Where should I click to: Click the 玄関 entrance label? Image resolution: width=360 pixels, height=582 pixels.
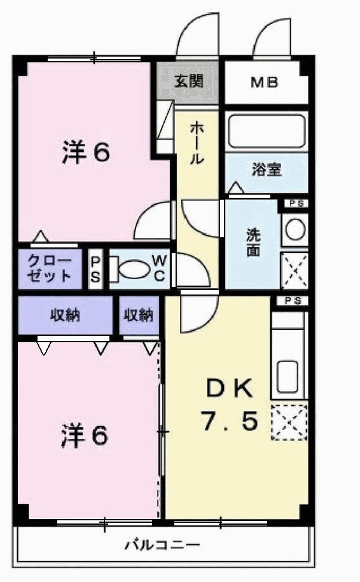pos(189,81)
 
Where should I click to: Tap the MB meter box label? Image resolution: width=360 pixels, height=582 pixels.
pos(264,82)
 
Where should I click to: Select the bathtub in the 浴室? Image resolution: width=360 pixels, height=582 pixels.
pos(267,132)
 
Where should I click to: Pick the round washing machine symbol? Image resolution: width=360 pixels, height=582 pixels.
pos(295,230)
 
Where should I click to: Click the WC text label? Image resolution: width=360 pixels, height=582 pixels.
pos(159,268)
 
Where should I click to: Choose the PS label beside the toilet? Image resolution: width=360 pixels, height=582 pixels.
pos(95,268)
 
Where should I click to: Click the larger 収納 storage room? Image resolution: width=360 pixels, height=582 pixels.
pos(66,315)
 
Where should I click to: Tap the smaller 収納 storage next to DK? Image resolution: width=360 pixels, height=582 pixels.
pos(139,315)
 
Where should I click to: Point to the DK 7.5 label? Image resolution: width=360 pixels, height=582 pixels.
pos(230,405)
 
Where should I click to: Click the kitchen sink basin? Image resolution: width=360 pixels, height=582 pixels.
pos(287,377)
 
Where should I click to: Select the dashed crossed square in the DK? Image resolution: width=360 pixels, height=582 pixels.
pos(289,422)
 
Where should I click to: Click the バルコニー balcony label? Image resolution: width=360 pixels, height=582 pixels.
pos(162,545)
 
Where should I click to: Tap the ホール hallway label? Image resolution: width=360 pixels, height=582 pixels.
pos(197,144)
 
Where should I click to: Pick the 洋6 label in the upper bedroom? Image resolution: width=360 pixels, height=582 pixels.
pos(86,152)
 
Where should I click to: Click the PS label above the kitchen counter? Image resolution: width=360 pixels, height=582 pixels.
pos(293,301)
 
